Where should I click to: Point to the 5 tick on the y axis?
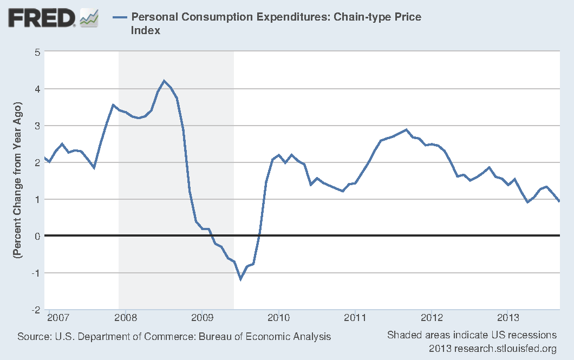(x=37, y=52)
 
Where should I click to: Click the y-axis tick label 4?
(x=37, y=89)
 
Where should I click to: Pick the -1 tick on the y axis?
(x=36, y=273)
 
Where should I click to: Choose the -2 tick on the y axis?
(x=36, y=310)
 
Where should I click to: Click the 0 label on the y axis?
(x=37, y=236)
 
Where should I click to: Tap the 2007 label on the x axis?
(x=59, y=317)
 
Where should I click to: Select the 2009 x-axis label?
(x=201, y=317)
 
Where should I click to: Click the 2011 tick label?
(x=354, y=317)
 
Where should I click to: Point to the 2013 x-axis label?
(x=508, y=317)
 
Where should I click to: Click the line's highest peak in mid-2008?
(x=164, y=81)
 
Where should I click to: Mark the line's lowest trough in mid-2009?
(x=240, y=279)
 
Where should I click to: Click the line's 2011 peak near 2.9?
(x=406, y=129)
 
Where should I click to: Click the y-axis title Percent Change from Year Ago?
(x=19, y=179)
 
